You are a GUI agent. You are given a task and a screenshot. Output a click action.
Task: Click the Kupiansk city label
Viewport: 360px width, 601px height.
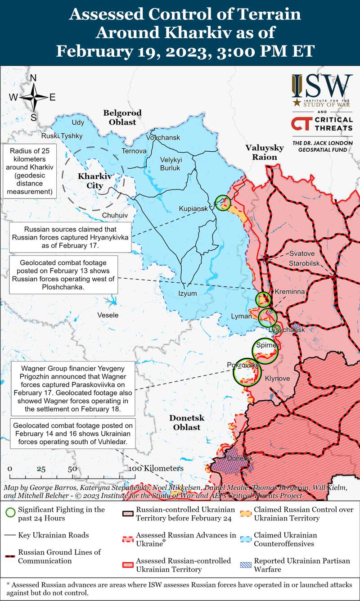pyautogui.click(x=193, y=209)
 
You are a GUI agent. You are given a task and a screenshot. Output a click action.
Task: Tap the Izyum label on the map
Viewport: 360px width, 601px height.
pyautogui.click(x=188, y=294)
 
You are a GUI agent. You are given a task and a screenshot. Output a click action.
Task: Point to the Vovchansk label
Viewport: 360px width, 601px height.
pyautogui.click(x=163, y=137)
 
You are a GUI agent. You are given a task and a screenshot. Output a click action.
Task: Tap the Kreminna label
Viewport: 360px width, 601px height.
pyautogui.click(x=290, y=292)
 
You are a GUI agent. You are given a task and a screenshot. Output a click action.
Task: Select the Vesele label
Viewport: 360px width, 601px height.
pyautogui.click(x=108, y=315)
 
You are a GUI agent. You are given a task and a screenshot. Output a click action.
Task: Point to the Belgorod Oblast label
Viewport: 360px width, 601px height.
pyautogui.click(x=122, y=117)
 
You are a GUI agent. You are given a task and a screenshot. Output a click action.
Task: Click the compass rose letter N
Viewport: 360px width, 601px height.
pyautogui.click(x=33, y=78)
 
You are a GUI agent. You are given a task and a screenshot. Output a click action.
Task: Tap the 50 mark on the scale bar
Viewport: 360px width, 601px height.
pyautogui.click(x=72, y=469)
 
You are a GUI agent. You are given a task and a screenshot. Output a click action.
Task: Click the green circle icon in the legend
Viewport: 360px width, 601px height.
pyautogui.click(x=10, y=513)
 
